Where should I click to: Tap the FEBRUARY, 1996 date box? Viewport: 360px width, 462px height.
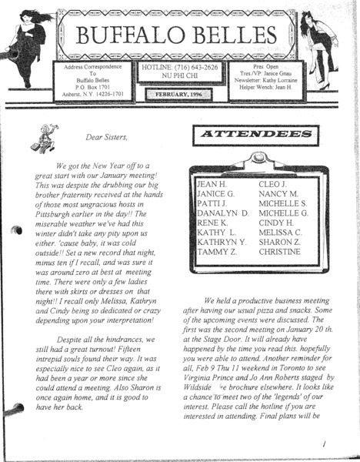click(x=180, y=94)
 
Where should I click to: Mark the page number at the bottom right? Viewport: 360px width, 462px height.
click(x=326, y=444)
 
